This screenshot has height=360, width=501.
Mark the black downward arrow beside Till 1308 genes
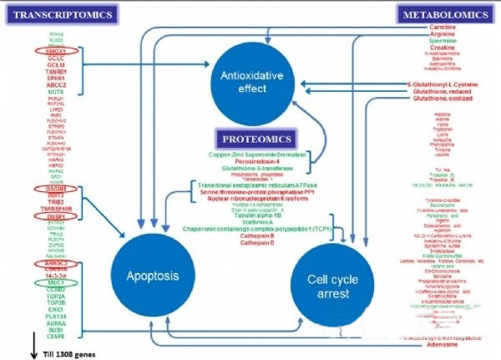(10, 342)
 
